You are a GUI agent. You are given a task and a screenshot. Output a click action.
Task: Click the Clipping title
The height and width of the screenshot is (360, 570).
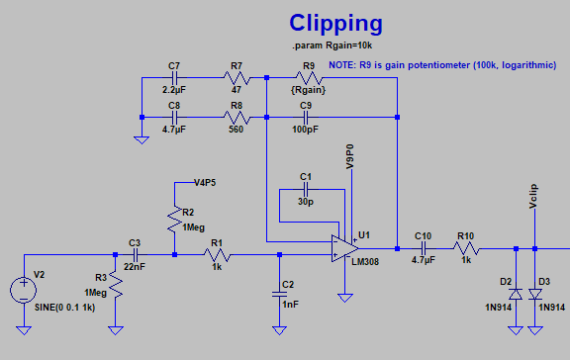pyautogui.click(x=336, y=24)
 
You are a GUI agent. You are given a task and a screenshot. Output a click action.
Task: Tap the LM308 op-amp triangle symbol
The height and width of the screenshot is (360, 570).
pyautogui.click(x=341, y=247)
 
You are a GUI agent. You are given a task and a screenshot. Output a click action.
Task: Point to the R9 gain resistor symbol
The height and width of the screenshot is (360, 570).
pyautogui.click(x=309, y=77)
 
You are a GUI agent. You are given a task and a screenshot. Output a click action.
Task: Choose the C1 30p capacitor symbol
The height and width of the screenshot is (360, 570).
pyautogui.click(x=305, y=188)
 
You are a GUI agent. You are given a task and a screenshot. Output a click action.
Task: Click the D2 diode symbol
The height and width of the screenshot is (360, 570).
pyautogui.click(x=515, y=294)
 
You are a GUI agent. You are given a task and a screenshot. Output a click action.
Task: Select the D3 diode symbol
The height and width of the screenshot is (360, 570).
pyautogui.click(x=535, y=294)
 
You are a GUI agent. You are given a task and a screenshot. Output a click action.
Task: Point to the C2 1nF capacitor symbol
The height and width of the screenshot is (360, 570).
pyautogui.click(x=279, y=293)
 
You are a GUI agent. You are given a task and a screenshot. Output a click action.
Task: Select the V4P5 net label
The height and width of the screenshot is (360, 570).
pyautogui.click(x=205, y=182)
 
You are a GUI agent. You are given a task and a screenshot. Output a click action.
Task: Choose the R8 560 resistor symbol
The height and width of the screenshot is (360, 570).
pyautogui.click(x=236, y=117)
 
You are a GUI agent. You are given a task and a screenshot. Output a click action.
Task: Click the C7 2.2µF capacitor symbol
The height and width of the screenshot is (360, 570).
pyautogui.click(x=174, y=77)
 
